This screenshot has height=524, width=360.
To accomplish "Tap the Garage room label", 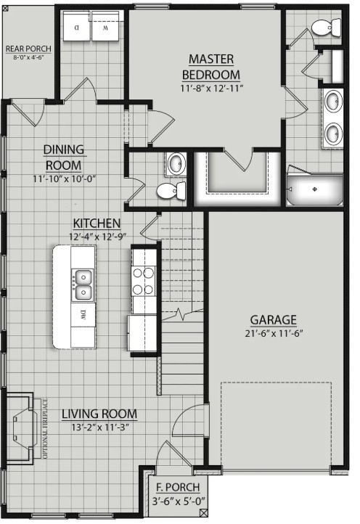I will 273,319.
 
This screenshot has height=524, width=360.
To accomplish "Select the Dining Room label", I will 64,157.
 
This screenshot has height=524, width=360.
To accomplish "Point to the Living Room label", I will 99,414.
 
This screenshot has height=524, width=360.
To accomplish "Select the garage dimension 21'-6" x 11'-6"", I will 273,333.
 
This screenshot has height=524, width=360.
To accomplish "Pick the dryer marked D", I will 76,30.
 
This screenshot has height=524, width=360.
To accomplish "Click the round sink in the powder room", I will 174,164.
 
